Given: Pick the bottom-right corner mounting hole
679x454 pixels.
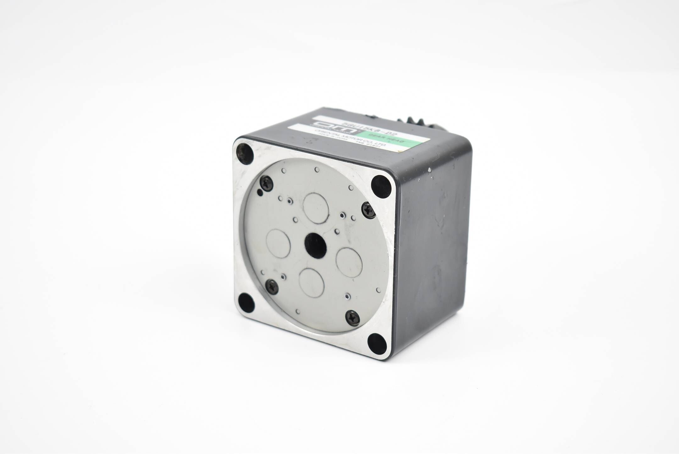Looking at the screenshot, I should pyautogui.click(x=377, y=342).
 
